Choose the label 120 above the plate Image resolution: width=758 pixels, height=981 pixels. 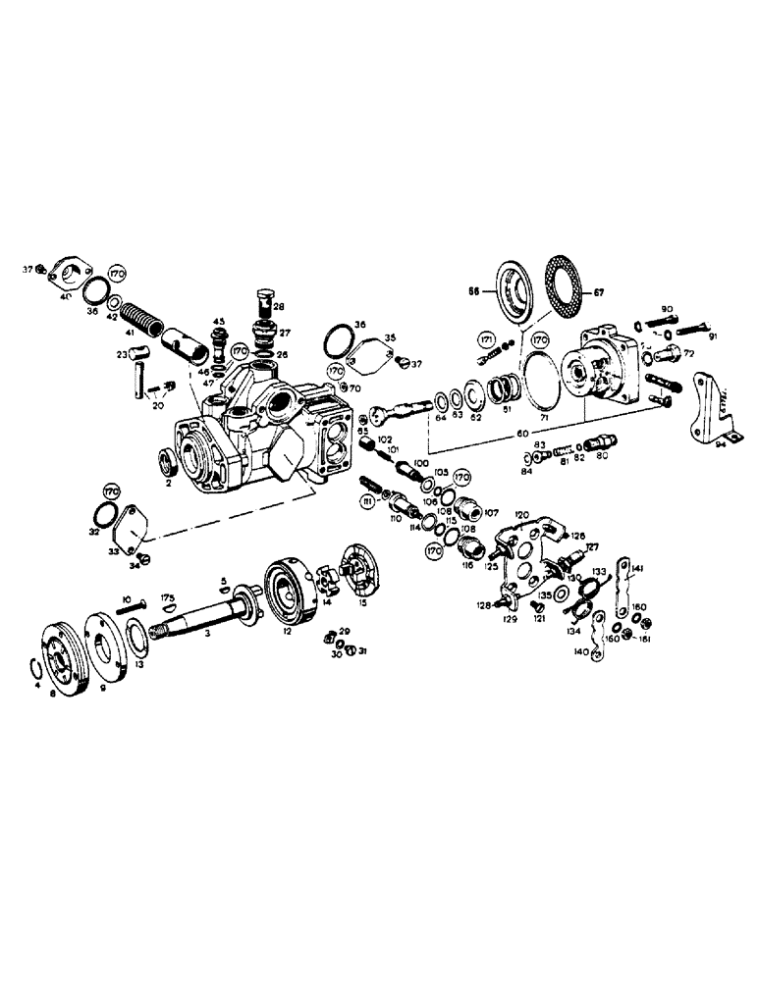(519, 514)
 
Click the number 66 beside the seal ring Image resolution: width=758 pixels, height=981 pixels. (474, 291)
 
